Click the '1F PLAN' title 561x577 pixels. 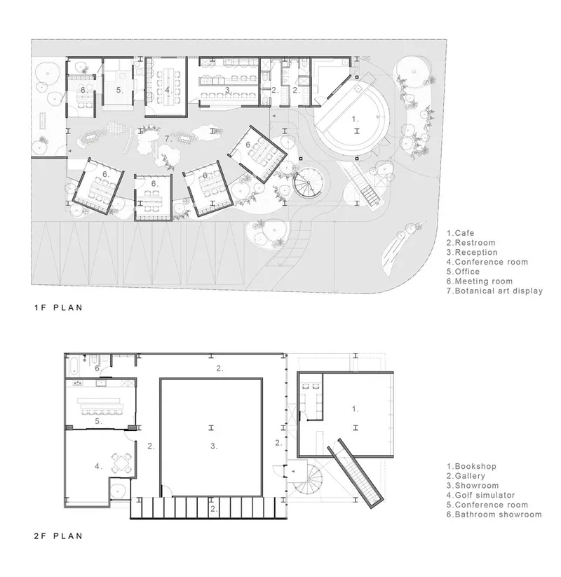click(58, 307)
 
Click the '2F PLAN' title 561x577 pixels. click(58, 536)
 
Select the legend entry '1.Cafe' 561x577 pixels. click(460, 233)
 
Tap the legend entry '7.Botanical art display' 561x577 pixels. click(494, 291)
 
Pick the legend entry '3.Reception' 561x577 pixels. click(472, 253)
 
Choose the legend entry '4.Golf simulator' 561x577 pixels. click(480, 496)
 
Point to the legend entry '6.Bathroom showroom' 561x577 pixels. click(494, 515)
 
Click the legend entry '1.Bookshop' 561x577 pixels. click(471, 467)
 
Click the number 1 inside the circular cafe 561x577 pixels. click(355, 119)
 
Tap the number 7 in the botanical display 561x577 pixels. click(168, 139)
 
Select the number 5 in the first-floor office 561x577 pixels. click(119, 90)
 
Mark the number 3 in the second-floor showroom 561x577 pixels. click(214, 446)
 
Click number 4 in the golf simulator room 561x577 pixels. click(98, 466)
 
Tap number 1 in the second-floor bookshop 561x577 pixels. click(355, 409)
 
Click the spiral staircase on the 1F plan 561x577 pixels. click(309, 183)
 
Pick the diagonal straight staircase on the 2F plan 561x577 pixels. click(356, 473)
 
